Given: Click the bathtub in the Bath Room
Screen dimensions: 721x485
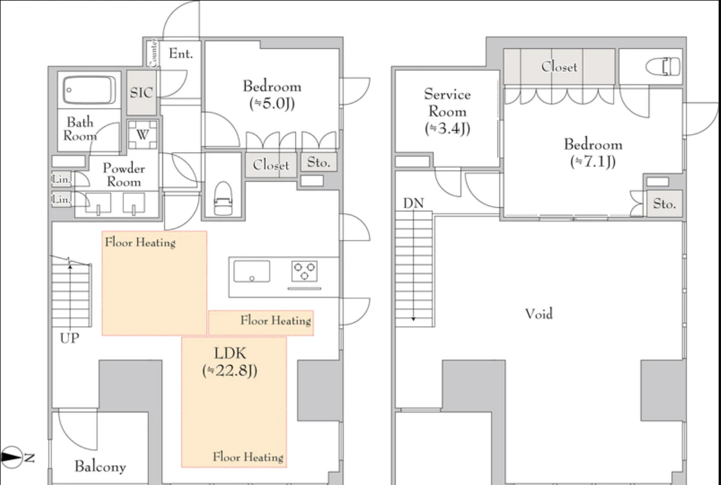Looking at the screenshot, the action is click(89, 90).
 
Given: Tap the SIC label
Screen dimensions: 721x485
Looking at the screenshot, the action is click(141, 93).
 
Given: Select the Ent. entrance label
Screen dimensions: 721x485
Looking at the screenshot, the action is click(181, 53).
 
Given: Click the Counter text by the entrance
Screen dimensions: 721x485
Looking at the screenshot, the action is click(153, 53).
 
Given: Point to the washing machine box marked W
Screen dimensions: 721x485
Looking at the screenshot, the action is click(143, 135).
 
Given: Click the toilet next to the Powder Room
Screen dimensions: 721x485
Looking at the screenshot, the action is click(223, 198).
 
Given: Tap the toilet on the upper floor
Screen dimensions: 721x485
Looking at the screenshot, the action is click(663, 66).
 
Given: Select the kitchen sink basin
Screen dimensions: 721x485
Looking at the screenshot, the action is click(252, 271).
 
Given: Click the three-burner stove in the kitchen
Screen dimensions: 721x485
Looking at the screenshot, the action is click(304, 271).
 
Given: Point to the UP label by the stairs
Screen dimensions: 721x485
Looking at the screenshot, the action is click(69, 338).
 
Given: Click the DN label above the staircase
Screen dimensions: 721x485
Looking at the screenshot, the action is click(414, 203).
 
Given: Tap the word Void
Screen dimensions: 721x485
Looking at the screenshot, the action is click(539, 314).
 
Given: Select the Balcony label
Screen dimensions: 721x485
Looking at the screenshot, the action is click(100, 466).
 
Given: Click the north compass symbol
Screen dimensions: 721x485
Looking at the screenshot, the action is click(12, 457).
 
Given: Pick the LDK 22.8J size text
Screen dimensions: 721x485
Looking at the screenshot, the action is click(230, 371).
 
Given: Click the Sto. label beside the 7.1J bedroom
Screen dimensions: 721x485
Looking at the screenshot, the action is click(664, 204).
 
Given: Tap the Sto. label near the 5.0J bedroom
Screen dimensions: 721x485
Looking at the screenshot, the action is click(319, 162).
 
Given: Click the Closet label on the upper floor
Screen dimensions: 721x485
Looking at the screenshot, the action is click(559, 67).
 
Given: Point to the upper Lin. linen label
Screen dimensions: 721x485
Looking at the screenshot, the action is click(61, 179).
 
